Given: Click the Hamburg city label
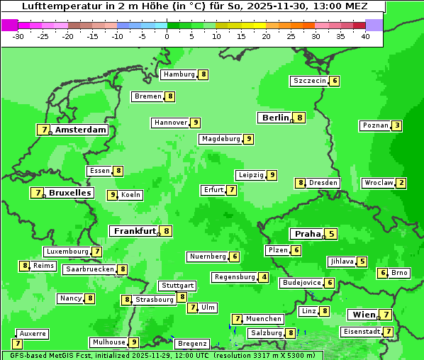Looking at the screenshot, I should (x=179, y=74).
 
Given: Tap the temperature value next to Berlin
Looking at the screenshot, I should (x=300, y=118).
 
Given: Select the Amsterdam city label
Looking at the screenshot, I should (x=81, y=130).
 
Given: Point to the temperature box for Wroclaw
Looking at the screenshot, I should (x=401, y=183).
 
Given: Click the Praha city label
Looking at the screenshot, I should (x=308, y=234).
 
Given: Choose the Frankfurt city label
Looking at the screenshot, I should (x=135, y=231).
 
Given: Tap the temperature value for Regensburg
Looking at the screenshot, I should (x=264, y=277).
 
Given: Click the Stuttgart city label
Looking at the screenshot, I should (x=177, y=286).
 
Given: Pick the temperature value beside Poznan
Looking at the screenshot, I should (x=397, y=126).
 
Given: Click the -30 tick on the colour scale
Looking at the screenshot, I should (x=18, y=35).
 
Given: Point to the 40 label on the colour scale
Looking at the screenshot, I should (x=365, y=35).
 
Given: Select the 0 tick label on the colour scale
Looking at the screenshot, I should (x=167, y=35).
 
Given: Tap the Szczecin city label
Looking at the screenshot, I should (x=310, y=81).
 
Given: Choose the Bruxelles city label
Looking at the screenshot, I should (x=69, y=193).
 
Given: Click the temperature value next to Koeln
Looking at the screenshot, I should (x=112, y=195).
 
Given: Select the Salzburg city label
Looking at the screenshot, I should (x=266, y=333).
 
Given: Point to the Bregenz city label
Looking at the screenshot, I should (x=191, y=344).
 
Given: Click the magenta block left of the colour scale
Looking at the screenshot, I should (x=9, y=25).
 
